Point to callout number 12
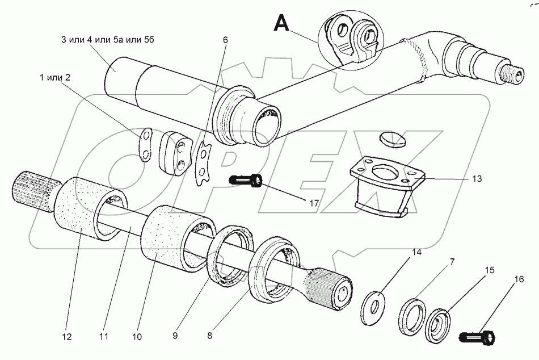coord(67,337)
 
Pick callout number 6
coord(225,40)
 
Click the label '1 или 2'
coord(54,78)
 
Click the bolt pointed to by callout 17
coord(246,181)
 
